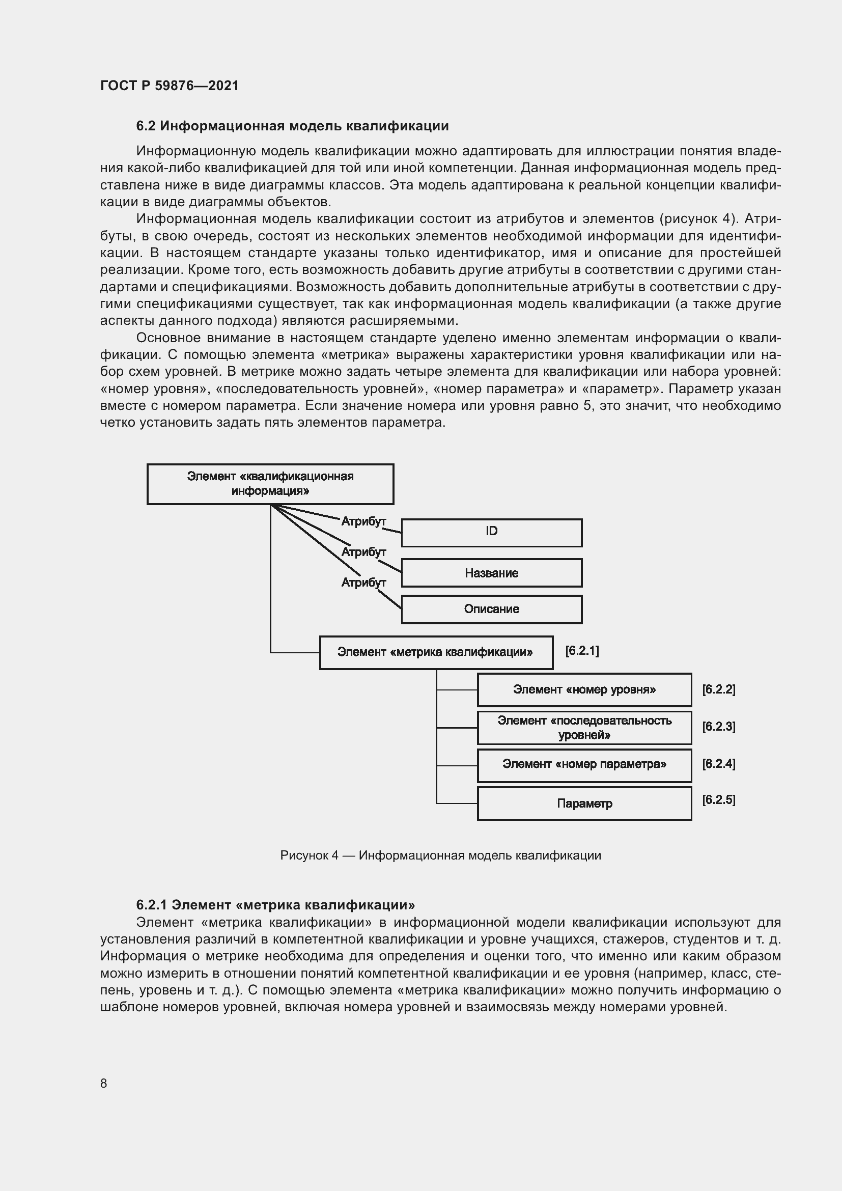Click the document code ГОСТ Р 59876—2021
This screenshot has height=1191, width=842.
point(170,86)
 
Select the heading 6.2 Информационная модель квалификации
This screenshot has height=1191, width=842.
point(292,126)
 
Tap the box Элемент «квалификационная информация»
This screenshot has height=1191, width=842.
point(270,484)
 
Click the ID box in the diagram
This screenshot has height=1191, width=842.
point(492,532)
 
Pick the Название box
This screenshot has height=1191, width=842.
point(492,573)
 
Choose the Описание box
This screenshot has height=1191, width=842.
point(492,609)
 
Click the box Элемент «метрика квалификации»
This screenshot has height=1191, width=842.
point(436,652)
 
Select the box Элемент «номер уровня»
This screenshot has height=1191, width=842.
point(584,689)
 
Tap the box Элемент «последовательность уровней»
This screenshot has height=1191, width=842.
point(584,727)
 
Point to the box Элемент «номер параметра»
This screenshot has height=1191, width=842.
point(584,765)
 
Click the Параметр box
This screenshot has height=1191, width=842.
point(584,804)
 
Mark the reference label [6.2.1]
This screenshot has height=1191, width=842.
point(582,651)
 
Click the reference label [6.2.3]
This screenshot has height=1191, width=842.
point(719,727)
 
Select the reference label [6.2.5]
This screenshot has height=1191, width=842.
point(719,800)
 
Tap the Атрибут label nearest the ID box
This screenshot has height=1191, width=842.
point(363,521)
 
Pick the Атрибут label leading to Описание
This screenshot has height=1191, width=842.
point(363,583)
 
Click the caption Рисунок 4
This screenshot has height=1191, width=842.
point(440,855)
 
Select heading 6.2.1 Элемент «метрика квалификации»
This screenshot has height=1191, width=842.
point(275,905)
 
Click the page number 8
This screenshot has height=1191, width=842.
point(104,1083)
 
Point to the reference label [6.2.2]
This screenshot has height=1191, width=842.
point(719,689)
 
